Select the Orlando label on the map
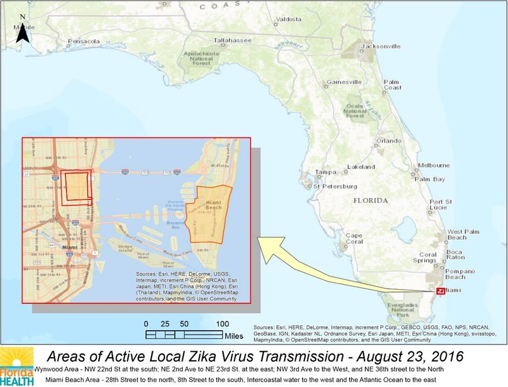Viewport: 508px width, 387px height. click(390, 141)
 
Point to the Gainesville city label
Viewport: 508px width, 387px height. click(344, 82)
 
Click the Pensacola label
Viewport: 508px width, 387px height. click(84, 41)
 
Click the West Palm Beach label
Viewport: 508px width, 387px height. click(457, 234)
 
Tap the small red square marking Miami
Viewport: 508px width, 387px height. click(440, 291)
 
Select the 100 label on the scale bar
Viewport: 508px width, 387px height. click(222, 324)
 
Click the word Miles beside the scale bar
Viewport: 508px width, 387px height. click(234, 336)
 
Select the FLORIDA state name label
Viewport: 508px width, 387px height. click(371, 200)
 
